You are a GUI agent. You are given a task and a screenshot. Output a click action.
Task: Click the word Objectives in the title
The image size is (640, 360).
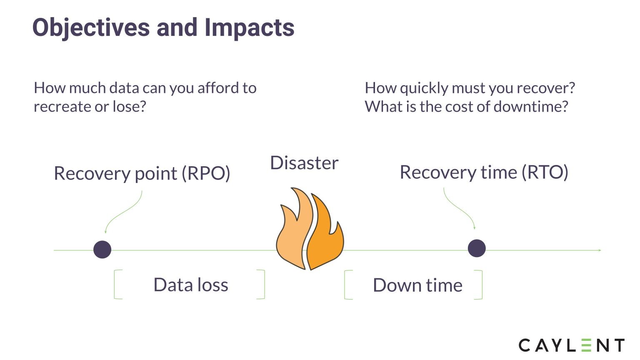pos(91,28)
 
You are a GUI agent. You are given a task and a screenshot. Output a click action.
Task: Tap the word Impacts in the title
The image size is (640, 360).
pos(250,28)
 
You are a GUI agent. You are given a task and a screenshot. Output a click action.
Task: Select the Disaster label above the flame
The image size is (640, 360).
pos(304,163)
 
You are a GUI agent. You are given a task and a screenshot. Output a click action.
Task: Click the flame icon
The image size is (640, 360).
pos(310,229)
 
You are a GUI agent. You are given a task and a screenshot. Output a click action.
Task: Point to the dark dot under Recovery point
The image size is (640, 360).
pos(102,250)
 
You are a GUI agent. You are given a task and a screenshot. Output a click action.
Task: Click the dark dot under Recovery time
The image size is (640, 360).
pos(477,248)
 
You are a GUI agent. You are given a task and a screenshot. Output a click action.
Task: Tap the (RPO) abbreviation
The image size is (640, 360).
pos(206,173)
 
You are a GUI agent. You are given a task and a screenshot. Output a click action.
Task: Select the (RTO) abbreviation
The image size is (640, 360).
pos(545,172)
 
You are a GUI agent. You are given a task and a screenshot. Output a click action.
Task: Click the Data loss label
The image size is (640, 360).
pos(191,285)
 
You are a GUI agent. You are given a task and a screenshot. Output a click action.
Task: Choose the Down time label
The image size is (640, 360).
pos(417,285)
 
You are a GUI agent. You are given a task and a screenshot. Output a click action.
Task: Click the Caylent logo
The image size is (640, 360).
pos(571,345)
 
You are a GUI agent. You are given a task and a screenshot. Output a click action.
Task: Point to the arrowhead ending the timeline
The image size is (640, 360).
pos(600,250)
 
